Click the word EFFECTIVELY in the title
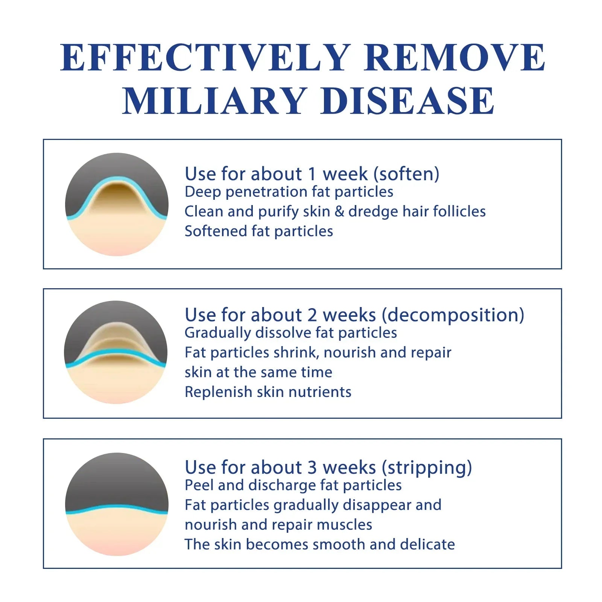tap(205, 57)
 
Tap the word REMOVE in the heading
tap(455, 57)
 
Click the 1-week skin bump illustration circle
tap(117, 204)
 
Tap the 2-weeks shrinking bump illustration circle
tap(116, 353)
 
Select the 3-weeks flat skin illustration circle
tap(117, 504)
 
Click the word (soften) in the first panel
tap(406, 174)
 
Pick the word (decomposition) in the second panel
tap(453, 315)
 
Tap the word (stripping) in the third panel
tap(427, 468)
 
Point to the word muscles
tap(345, 525)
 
